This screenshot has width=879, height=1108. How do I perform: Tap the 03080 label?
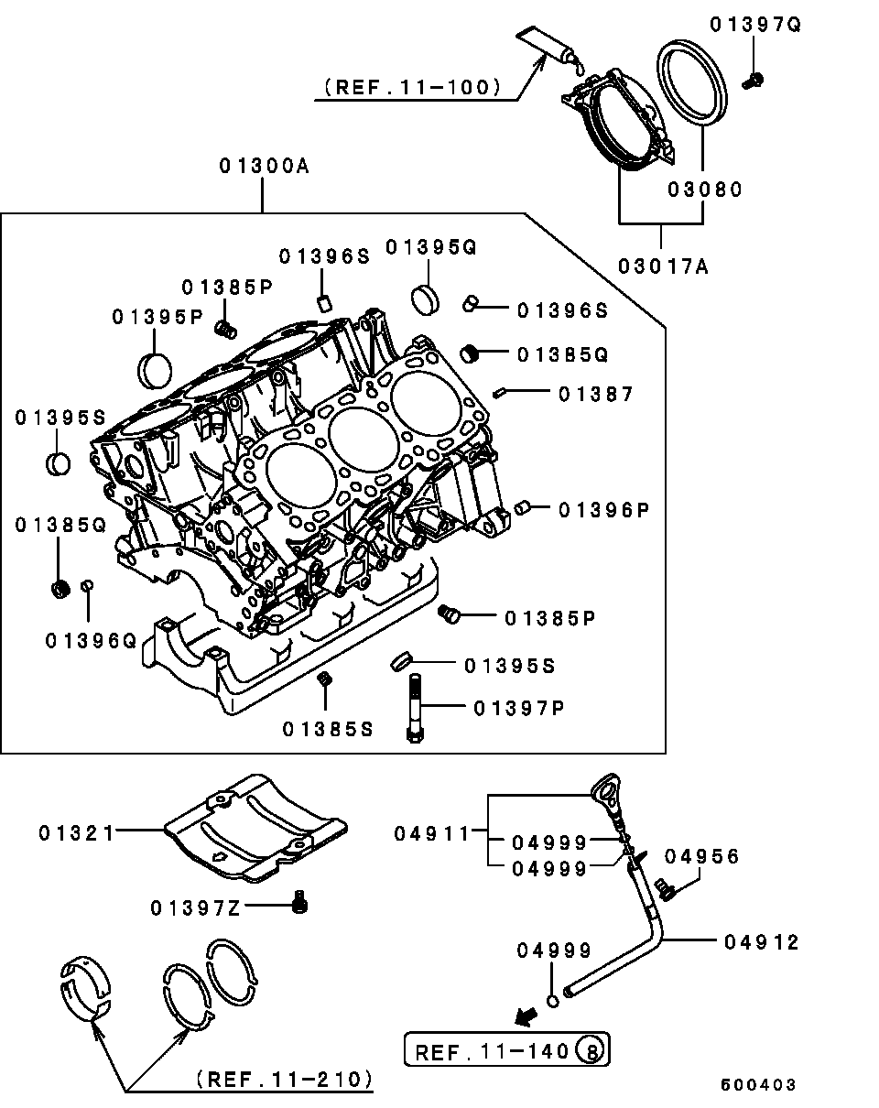click(703, 190)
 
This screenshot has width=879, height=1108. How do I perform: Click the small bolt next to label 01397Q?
click(751, 80)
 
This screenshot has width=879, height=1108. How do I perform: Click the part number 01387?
click(596, 394)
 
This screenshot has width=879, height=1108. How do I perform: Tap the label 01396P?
click(603, 509)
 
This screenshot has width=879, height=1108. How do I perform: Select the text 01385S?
click(328, 729)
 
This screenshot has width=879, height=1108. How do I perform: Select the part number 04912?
click(762, 941)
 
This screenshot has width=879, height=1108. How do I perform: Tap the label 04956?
click(701, 856)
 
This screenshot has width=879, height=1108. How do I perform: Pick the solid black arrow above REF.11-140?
click(526, 1015)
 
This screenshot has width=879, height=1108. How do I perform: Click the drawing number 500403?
click(757, 1085)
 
